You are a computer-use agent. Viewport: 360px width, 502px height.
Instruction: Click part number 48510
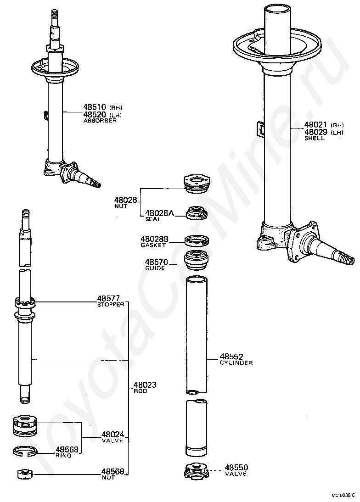[x=94, y=108]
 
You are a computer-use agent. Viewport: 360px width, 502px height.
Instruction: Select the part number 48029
[x=316, y=132]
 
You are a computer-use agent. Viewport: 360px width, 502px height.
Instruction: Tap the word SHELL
[x=314, y=139]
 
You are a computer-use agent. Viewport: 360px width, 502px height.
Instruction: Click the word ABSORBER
[x=100, y=121]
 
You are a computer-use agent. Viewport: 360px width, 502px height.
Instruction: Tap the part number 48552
[x=231, y=357]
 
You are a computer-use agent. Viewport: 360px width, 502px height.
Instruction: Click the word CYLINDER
[x=236, y=363]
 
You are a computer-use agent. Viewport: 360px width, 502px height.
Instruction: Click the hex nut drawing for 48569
[x=24, y=474]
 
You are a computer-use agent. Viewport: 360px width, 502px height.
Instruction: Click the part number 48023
[x=145, y=385]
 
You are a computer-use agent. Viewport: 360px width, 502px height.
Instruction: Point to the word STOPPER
[x=111, y=305]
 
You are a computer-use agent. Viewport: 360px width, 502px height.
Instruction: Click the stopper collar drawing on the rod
[x=25, y=304]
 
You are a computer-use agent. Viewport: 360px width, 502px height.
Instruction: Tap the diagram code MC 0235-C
[x=343, y=496]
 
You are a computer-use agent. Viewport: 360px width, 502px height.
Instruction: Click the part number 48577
[x=108, y=299]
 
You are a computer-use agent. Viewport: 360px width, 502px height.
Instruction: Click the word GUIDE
[x=155, y=268]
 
